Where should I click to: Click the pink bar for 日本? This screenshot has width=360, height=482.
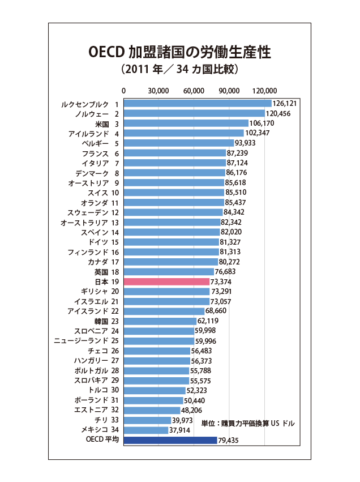[x=166, y=281]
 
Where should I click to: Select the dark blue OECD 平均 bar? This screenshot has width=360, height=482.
[x=170, y=440]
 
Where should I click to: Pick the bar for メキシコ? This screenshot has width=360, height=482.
[x=145, y=430]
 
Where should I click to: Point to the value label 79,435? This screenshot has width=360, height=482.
[x=229, y=441]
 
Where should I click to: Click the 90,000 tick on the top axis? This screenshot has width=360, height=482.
[x=230, y=91]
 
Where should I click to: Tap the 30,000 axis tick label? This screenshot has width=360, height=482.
[x=158, y=91]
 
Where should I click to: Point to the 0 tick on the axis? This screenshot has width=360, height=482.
[x=124, y=91]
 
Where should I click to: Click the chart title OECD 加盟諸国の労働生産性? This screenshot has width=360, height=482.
[x=179, y=52]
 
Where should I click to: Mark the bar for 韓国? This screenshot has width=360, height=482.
[x=160, y=321]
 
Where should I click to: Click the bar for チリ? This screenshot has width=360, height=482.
[x=147, y=420]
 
